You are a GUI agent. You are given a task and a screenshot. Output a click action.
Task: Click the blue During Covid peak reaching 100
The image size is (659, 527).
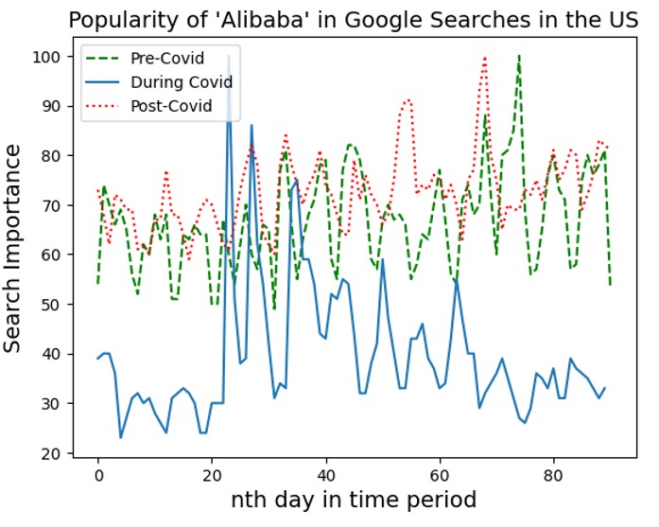click(229, 58)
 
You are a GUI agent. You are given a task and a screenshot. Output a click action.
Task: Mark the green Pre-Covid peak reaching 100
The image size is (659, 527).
click(519, 57)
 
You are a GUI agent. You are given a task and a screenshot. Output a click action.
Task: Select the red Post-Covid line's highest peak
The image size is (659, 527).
click(485, 58)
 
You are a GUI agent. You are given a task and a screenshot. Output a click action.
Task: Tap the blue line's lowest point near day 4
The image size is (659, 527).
click(120, 437)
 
